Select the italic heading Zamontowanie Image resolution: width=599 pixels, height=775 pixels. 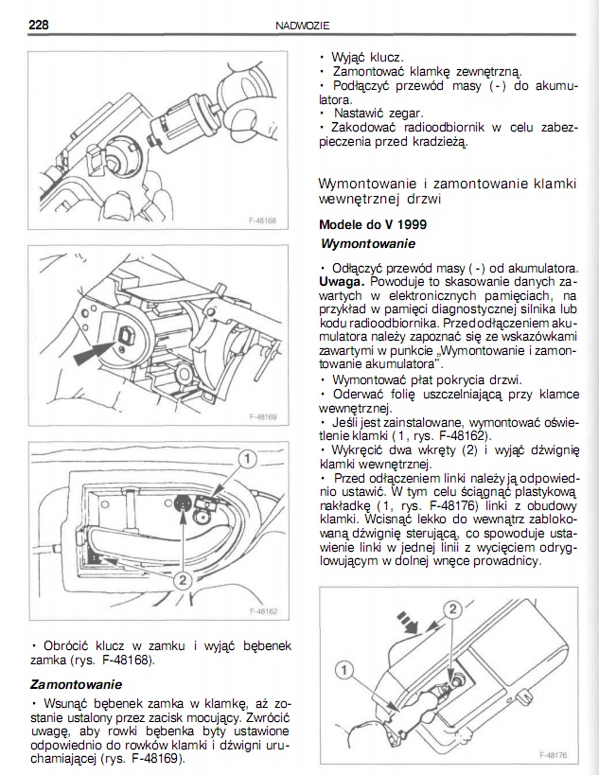[76, 682]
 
